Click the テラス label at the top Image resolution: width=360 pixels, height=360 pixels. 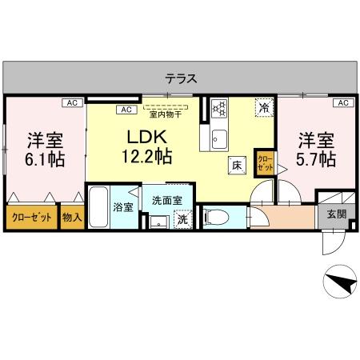[181, 78]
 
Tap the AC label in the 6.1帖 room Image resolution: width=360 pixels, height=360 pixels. [72, 102]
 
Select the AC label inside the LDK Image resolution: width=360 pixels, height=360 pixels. [126, 110]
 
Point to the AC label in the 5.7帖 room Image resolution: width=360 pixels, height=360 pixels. [343, 102]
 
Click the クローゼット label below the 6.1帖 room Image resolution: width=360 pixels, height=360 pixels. [31, 217]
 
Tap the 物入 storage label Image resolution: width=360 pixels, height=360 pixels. [72, 217]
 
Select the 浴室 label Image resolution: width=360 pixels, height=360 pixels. [122, 207]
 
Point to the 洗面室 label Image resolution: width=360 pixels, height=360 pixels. [167, 199]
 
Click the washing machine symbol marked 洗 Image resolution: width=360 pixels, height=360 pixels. [182, 218]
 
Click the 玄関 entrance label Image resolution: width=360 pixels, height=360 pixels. [336, 214]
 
